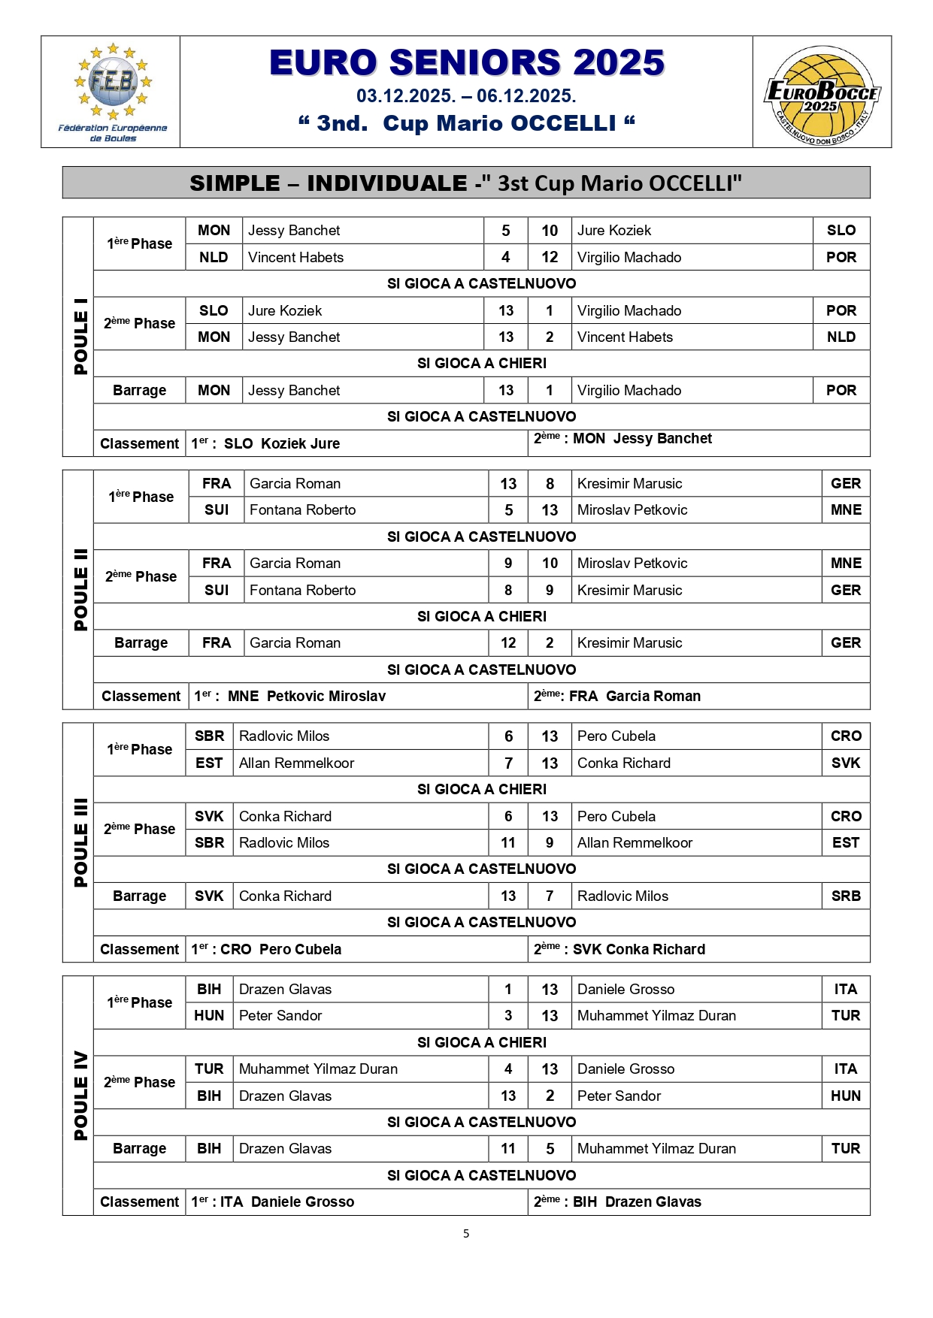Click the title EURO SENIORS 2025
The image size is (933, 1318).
tap(466, 62)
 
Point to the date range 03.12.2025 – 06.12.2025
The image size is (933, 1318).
tap(466, 96)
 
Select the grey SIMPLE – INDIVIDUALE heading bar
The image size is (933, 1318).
tap(466, 183)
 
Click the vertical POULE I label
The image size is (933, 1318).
tap(80, 336)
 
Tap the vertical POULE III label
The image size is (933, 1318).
tap(80, 842)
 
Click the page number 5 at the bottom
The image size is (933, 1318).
tap(466, 1233)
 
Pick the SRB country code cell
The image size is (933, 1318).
tap(846, 896)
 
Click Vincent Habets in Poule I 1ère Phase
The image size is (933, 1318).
tap(295, 257)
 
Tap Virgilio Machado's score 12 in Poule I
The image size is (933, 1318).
tap(550, 257)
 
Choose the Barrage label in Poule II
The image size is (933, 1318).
tap(141, 643)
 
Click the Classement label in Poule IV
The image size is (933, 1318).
tap(140, 1202)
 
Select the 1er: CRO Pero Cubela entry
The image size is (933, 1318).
tap(267, 949)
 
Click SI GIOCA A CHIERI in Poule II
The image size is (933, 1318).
tap(482, 616)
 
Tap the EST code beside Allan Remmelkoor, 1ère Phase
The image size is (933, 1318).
tap(209, 763)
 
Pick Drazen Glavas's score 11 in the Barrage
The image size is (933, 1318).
tap(508, 1149)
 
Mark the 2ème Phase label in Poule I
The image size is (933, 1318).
tap(139, 323)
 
